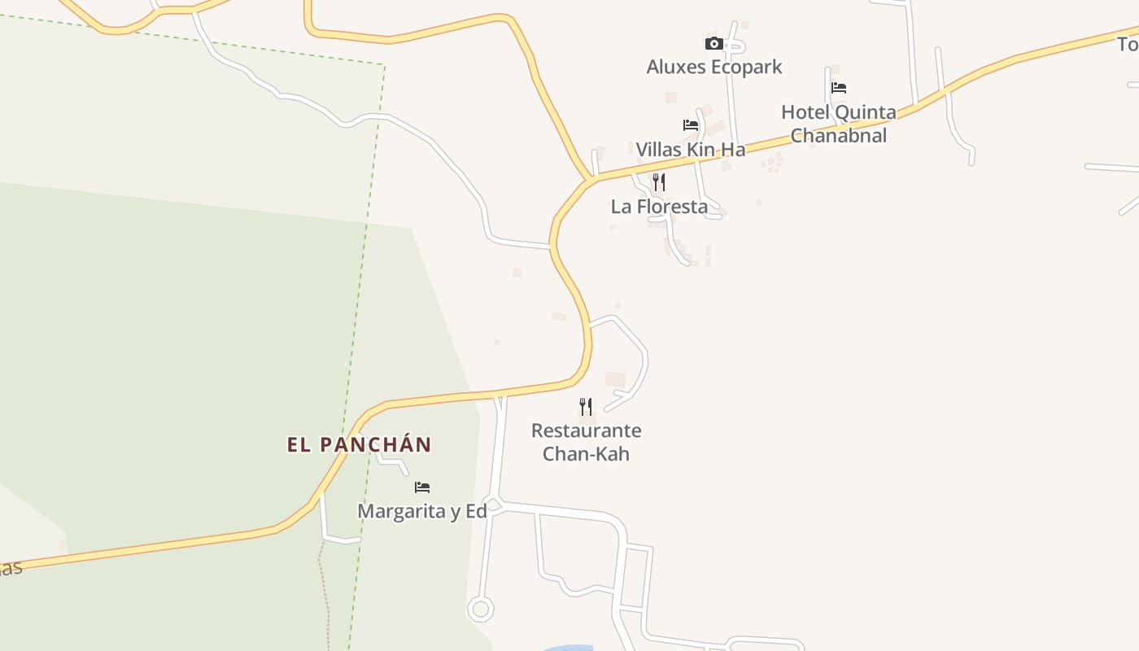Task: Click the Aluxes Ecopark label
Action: click(714, 67)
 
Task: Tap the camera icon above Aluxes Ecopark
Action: click(714, 43)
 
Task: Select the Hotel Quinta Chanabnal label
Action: click(839, 124)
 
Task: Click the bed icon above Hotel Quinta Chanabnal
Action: click(839, 88)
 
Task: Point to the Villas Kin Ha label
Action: click(690, 150)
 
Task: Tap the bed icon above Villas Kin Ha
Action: click(691, 125)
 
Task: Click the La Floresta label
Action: click(659, 207)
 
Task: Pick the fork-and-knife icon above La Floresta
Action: click(659, 182)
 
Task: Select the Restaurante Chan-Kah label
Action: click(586, 442)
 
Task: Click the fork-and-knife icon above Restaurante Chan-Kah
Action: click(586, 406)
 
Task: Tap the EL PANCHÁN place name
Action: click(359, 445)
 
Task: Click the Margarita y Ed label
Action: click(422, 511)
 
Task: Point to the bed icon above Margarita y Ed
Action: click(422, 487)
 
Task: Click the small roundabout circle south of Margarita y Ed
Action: click(480, 608)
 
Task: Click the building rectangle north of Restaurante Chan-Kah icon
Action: click(615, 379)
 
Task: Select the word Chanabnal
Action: click(839, 136)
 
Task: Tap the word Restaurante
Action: click(586, 430)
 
